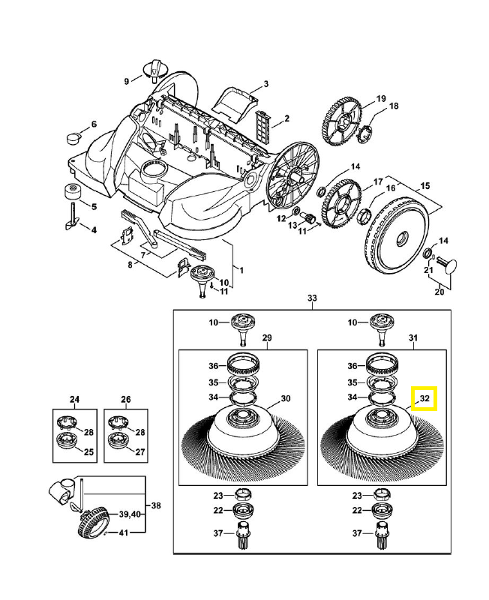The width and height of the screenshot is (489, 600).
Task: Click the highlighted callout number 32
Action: (x=424, y=398)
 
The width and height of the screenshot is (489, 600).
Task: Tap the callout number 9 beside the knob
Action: (x=127, y=81)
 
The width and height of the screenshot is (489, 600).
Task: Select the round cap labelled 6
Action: (x=75, y=137)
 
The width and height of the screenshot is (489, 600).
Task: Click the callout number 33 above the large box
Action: (x=313, y=298)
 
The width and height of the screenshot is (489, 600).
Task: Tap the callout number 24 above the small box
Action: (x=74, y=399)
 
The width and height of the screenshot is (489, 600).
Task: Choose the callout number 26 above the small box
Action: (x=125, y=399)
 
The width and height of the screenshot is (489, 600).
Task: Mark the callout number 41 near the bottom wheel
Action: (x=124, y=532)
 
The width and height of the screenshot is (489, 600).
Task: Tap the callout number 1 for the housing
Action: (x=241, y=268)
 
